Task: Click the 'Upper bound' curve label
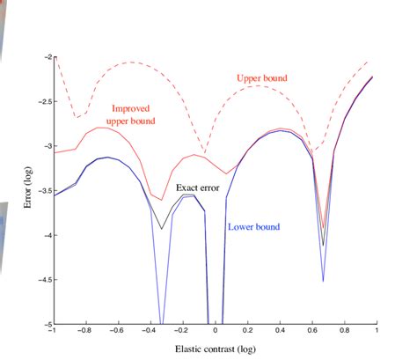[x=262, y=78]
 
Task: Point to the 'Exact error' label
[x=199, y=187]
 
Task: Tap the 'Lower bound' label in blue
[x=253, y=226]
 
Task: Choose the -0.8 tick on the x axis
[x=84, y=333]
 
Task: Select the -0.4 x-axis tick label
[x=150, y=333]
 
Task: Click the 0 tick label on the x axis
[x=215, y=333]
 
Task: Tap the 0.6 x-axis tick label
[x=311, y=333]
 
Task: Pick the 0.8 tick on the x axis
[x=344, y=333]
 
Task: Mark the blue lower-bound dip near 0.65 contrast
[x=323, y=281]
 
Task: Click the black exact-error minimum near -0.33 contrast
[x=161, y=229]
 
